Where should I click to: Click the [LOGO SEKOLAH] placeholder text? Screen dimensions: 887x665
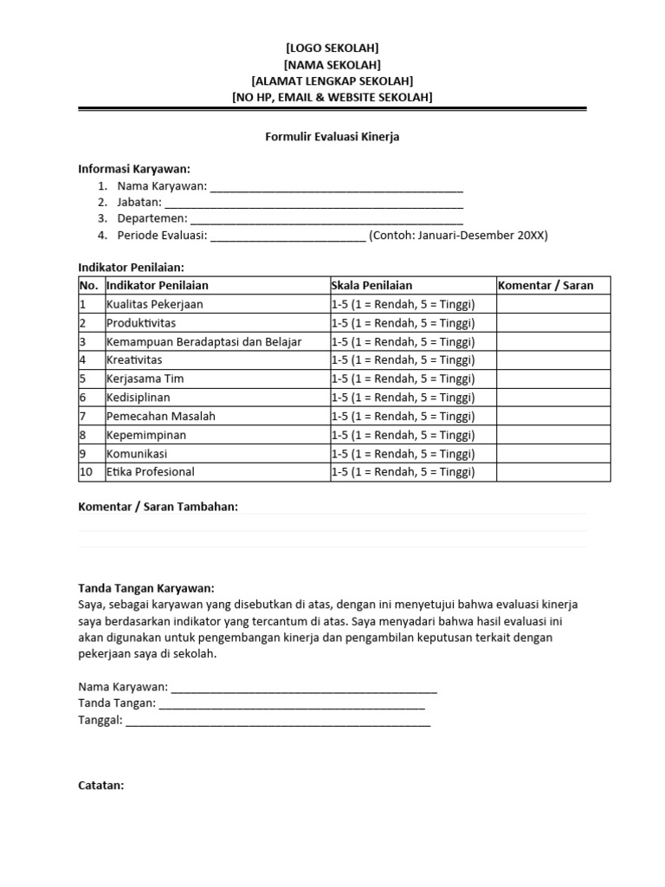(x=332, y=48)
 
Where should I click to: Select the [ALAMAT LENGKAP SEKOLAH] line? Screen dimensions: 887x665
(x=332, y=81)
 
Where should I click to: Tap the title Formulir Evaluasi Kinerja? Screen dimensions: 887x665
(x=332, y=137)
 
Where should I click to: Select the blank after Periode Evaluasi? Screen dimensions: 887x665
(x=287, y=236)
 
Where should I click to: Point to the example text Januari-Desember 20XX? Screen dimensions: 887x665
(x=458, y=236)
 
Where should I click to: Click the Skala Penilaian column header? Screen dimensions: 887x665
(x=371, y=285)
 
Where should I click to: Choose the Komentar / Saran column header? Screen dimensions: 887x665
(x=546, y=285)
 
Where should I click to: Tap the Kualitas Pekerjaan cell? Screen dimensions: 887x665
(x=155, y=304)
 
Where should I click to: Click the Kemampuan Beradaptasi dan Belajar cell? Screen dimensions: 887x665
(x=203, y=341)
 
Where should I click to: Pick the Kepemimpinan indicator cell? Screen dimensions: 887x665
(x=146, y=435)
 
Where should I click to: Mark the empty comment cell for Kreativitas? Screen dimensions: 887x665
(x=552, y=360)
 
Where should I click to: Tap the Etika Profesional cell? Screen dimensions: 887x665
(x=151, y=472)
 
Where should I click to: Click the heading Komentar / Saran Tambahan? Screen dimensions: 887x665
(x=158, y=507)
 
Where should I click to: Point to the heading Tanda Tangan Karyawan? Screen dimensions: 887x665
(x=146, y=587)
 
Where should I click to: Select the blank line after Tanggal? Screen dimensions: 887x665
(x=278, y=721)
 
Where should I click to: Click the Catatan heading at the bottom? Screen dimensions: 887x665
(x=101, y=786)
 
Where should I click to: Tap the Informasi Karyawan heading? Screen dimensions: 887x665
(x=134, y=169)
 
